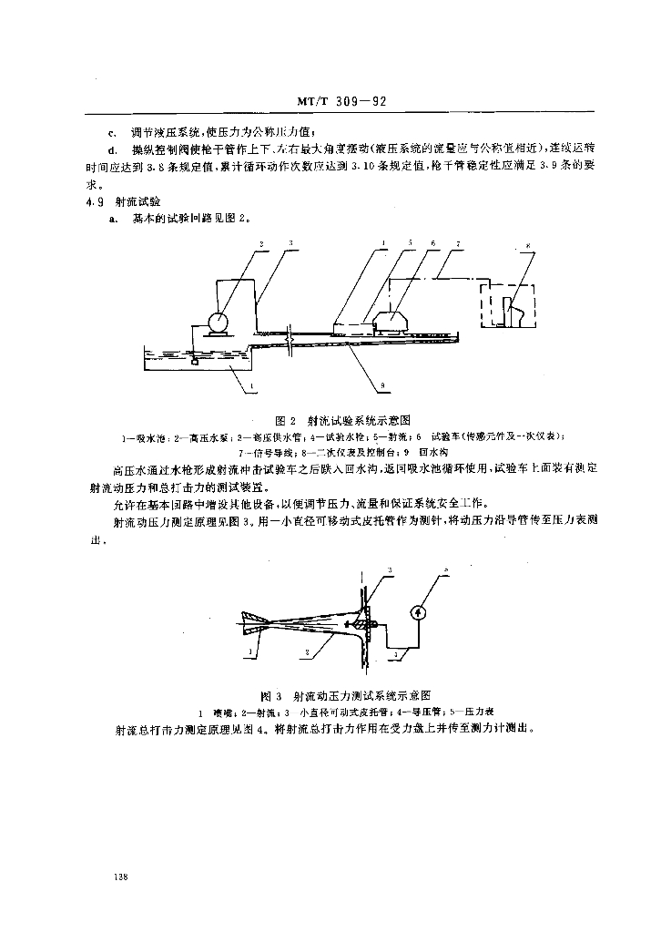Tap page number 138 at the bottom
coord(120,877)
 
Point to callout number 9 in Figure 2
coord(384,386)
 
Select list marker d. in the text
coord(112,149)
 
